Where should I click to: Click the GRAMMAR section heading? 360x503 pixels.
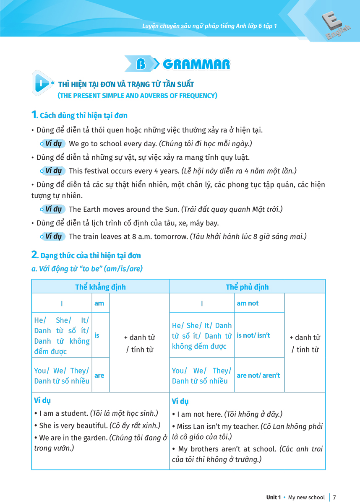196,64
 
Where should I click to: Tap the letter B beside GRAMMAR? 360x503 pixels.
141,64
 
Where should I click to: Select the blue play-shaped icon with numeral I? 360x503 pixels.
42,83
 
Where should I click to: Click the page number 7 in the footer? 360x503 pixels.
334,497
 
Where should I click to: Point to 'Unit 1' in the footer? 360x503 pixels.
273,497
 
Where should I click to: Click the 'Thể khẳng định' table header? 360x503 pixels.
100,287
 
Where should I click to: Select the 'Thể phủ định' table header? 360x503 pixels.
247,287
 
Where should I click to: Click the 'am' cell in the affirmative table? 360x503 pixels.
99,303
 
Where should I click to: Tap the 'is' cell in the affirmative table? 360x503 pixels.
97,335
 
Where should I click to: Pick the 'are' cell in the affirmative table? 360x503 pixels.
99,375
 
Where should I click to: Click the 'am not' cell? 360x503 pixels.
248,303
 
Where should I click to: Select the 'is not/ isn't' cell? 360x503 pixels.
253,335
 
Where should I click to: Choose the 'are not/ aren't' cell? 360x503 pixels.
258,375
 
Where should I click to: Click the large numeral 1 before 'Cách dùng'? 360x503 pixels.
34,114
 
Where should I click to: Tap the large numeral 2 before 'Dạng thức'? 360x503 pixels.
35,254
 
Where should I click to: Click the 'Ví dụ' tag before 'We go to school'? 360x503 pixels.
53,144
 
